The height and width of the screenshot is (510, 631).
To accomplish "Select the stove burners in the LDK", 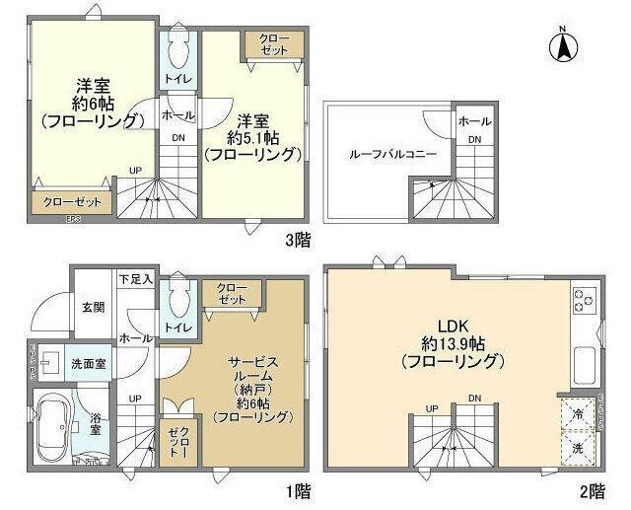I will [x=581, y=298].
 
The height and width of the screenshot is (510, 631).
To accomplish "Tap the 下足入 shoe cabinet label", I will [x=136, y=280].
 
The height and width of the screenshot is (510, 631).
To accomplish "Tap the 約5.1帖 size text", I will [x=251, y=137].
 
